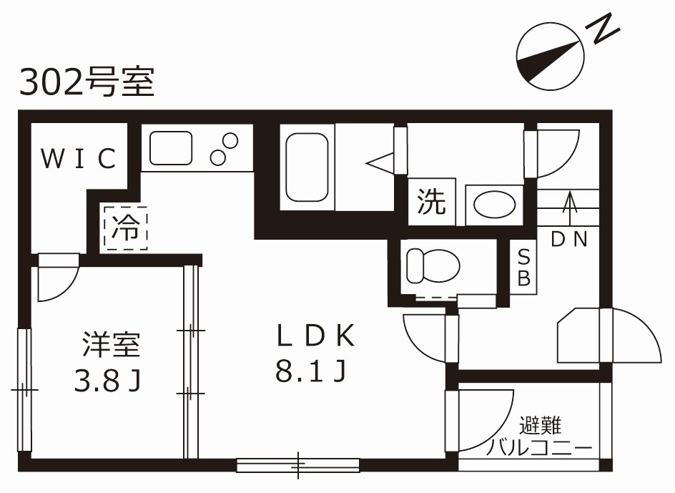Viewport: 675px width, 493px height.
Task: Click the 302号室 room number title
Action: [x=87, y=82]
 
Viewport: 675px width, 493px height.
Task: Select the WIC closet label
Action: [x=78, y=159]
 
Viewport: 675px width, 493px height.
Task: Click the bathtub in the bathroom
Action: [x=307, y=167]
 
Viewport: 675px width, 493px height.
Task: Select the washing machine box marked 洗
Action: [x=431, y=202]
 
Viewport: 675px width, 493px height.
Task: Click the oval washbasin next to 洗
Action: [x=494, y=205]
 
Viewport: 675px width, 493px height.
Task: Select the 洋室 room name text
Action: [x=110, y=346]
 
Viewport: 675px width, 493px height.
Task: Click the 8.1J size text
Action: [x=311, y=371]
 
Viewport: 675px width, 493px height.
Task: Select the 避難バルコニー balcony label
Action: [x=541, y=437]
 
